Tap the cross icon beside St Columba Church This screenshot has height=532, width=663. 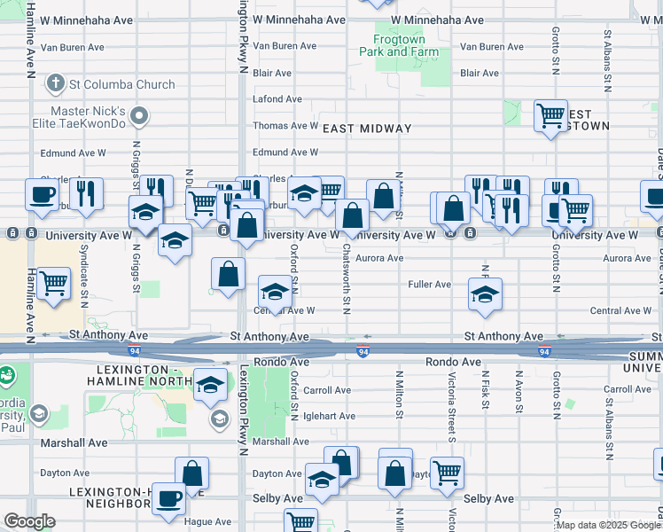[56, 85]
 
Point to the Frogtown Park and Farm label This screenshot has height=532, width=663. [399, 46]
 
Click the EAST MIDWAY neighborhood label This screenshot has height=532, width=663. [367, 129]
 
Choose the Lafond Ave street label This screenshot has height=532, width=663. [272, 99]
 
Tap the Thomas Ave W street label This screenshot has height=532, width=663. [285, 126]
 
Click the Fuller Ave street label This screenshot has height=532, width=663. [429, 285]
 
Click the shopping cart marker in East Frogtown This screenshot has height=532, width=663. [550, 115]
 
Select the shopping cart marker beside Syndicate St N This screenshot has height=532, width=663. [54, 284]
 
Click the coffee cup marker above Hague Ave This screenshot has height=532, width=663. [168, 498]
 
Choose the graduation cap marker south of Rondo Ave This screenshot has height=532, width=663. [209, 385]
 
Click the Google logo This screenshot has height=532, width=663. [29, 522]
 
